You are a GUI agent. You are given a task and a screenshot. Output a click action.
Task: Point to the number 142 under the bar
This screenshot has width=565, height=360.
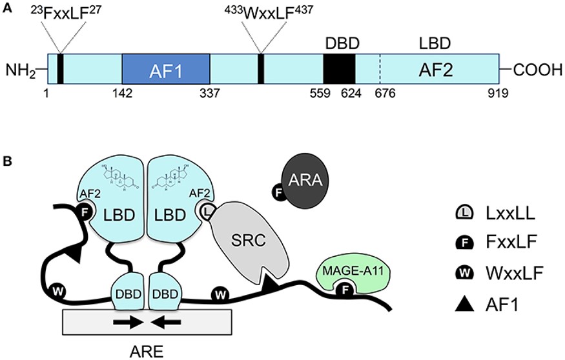click(x=122, y=94)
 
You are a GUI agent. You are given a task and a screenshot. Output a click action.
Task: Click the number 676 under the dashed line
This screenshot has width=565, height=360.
click(x=384, y=94)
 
